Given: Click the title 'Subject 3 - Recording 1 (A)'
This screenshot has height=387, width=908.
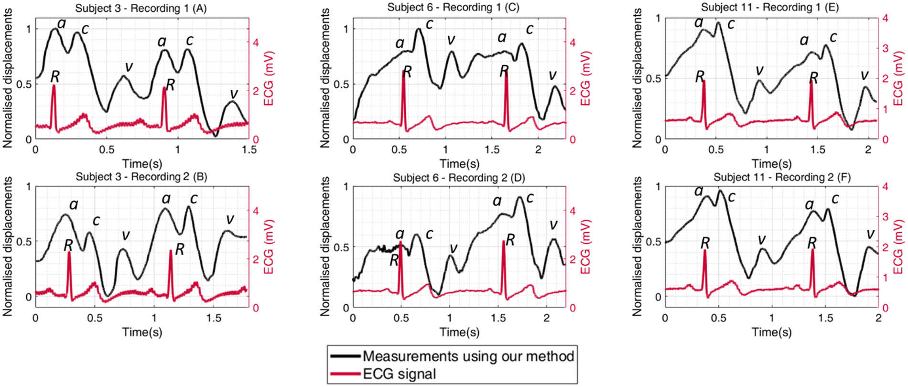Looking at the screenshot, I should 141,8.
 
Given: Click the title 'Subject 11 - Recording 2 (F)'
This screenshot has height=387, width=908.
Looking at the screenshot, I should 782,177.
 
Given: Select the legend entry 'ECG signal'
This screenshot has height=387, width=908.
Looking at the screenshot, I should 400,374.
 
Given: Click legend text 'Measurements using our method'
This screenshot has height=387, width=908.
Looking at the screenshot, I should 468,356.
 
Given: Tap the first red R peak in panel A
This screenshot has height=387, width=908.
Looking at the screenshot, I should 54,86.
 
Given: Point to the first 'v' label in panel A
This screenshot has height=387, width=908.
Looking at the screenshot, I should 127,66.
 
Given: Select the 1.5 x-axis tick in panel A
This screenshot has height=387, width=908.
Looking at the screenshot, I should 249,150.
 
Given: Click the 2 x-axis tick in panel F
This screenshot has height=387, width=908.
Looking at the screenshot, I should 878,318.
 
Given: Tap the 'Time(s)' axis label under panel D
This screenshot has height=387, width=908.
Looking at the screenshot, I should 459,332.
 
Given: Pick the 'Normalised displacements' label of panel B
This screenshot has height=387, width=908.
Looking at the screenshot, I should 8,246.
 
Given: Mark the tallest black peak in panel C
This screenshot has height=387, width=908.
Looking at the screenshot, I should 419,29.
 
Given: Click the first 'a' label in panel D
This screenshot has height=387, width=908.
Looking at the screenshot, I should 400,234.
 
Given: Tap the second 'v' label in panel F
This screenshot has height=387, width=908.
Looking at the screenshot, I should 870,234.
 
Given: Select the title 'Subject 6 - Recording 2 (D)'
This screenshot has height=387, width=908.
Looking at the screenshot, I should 459,178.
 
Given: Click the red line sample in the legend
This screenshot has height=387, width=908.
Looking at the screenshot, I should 344,374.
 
